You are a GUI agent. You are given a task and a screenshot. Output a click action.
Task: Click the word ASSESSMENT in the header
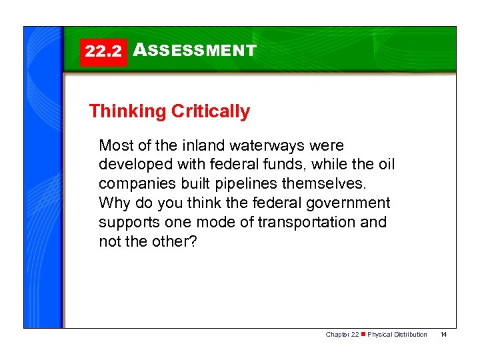[195, 51]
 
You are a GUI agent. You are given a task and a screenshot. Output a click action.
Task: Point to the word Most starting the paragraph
[114, 145]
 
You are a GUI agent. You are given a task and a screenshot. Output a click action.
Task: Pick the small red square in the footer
[363, 335]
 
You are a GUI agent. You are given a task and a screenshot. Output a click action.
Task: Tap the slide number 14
[443, 335]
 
